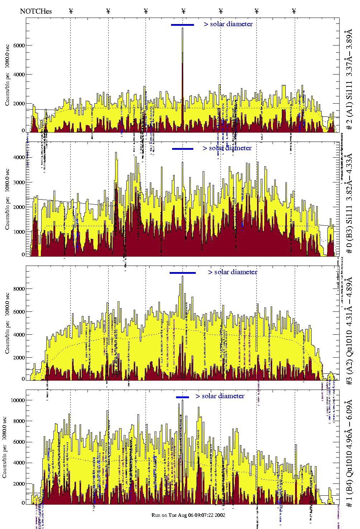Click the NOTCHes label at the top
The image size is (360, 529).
[x=36, y=11]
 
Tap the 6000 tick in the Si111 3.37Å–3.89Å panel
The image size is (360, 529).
[x=19, y=46]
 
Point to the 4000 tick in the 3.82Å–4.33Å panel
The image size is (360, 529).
[x=19, y=157]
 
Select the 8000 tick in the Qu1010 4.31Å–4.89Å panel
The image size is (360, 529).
[x=19, y=289]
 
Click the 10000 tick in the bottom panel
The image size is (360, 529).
[x=18, y=400]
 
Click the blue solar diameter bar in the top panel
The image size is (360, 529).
[x=183, y=25]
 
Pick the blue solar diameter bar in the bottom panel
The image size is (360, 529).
[x=183, y=397]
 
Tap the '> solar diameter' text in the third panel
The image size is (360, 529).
[x=232, y=272]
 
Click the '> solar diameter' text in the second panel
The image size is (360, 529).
[x=227, y=148]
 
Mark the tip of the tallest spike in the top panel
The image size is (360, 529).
[x=183, y=28]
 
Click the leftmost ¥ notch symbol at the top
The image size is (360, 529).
[x=71, y=11]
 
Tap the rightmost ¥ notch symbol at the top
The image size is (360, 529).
[x=294, y=11]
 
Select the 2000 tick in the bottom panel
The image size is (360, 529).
[x=19, y=484]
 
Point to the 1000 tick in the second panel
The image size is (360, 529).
[x=19, y=232]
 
